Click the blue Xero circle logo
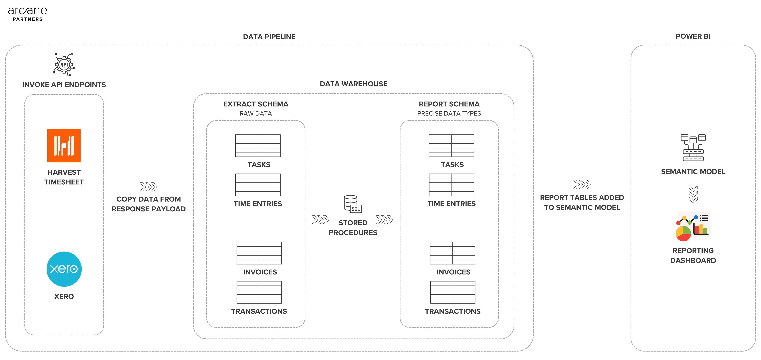(64, 269)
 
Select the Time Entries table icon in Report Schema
(451, 185)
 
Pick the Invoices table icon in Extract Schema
(259, 253)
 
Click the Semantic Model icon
(693, 148)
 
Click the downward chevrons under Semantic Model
(693, 194)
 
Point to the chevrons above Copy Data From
(149, 187)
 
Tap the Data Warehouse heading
(354, 84)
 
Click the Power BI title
(693, 36)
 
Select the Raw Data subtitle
(256, 114)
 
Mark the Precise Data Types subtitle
(449, 114)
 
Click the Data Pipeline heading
(269, 37)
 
